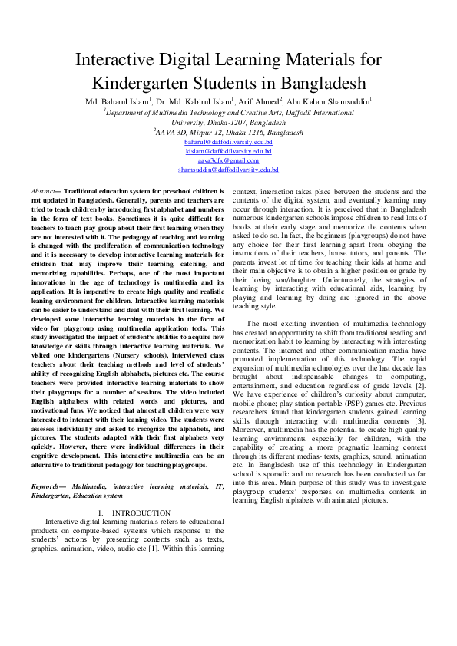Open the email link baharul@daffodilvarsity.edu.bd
tap(228, 143)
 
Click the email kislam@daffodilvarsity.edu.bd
tap(228, 152)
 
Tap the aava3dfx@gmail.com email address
tap(228, 160)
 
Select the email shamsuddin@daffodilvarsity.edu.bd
tap(228, 170)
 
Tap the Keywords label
tap(48, 486)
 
